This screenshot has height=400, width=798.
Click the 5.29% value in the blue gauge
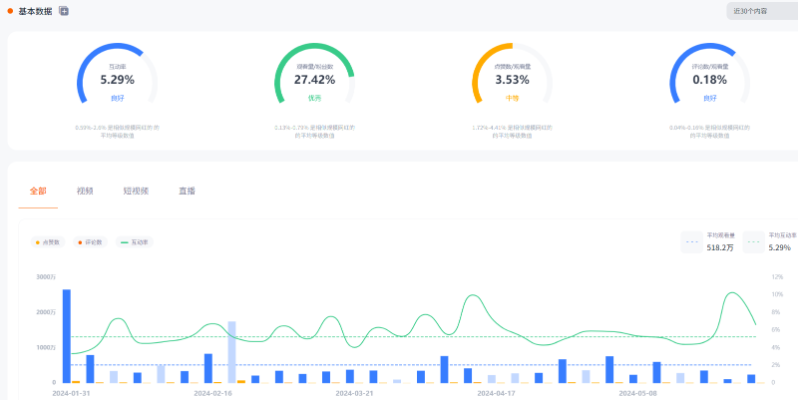[117, 80]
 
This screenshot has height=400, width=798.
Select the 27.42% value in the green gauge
[314, 80]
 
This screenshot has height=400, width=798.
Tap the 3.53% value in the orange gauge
[512, 80]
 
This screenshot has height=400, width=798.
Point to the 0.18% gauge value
[709, 80]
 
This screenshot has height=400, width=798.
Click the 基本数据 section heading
[35, 11]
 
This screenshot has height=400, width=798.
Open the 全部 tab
[38, 191]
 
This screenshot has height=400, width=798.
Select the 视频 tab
[85, 191]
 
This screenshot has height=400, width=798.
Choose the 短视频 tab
[136, 191]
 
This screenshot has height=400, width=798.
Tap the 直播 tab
[187, 191]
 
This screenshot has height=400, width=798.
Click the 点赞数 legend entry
[48, 242]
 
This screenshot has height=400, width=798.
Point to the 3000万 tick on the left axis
[46, 277]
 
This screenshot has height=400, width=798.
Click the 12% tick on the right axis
[776, 277]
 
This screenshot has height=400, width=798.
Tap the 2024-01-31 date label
[72, 393]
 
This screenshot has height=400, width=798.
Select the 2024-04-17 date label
[496, 393]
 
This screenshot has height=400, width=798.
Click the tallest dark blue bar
[67, 335]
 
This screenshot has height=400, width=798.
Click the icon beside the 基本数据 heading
[64, 11]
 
